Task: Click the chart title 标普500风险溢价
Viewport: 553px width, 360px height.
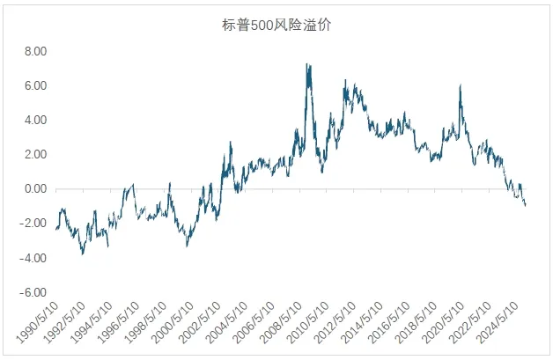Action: coord(276,26)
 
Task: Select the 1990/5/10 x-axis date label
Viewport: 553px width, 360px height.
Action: coord(35,322)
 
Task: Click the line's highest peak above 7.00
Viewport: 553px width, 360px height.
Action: coord(306,64)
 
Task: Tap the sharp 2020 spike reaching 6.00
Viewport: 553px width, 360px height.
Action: coord(461,85)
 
